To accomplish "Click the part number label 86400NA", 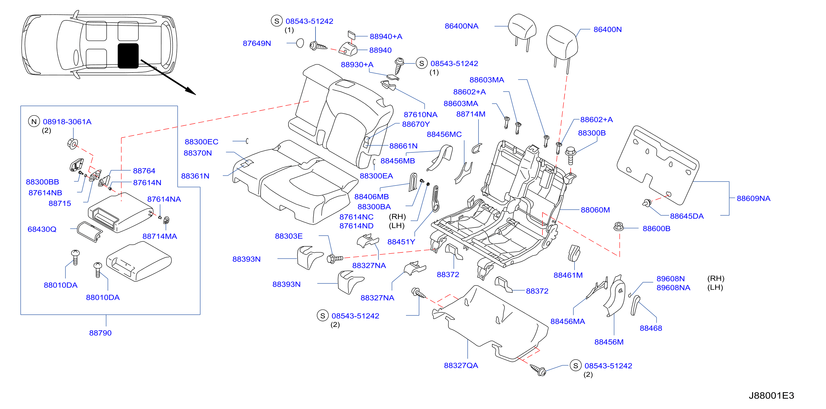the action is [461, 26].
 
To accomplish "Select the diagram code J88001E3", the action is [771, 395].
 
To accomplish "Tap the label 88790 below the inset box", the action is [100, 333].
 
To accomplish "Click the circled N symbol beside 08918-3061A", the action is [34, 122].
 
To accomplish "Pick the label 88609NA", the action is [753, 198].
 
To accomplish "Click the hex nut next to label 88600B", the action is [619, 227].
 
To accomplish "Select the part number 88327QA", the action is [461, 366].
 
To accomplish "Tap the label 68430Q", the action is [42, 230].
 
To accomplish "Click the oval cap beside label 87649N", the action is [300, 43].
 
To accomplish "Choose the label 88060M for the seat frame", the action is [595, 210].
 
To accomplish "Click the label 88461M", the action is [568, 275].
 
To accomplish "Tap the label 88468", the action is [651, 328].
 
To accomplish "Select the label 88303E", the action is [288, 236].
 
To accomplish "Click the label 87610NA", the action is [420, 115].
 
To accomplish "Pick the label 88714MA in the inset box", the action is [160, 236].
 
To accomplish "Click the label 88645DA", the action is [687, 216].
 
